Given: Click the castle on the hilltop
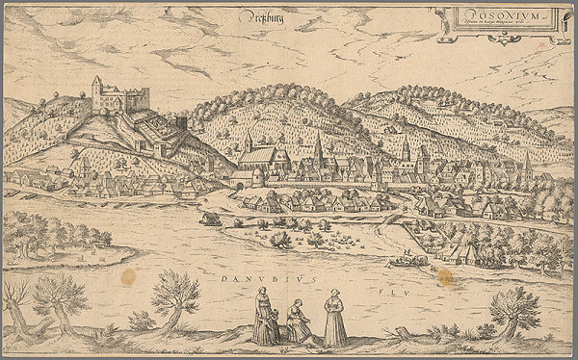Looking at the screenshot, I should click(x=120, y=96).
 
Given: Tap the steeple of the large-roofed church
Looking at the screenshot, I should click(x=249, y=142).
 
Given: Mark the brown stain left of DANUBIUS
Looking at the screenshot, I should click(x=128, y=276).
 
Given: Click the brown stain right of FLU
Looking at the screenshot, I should click(x=445, y=277).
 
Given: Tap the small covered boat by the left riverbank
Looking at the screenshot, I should click(x=209, y=219).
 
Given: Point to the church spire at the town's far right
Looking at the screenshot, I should click(x=527, y=161).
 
